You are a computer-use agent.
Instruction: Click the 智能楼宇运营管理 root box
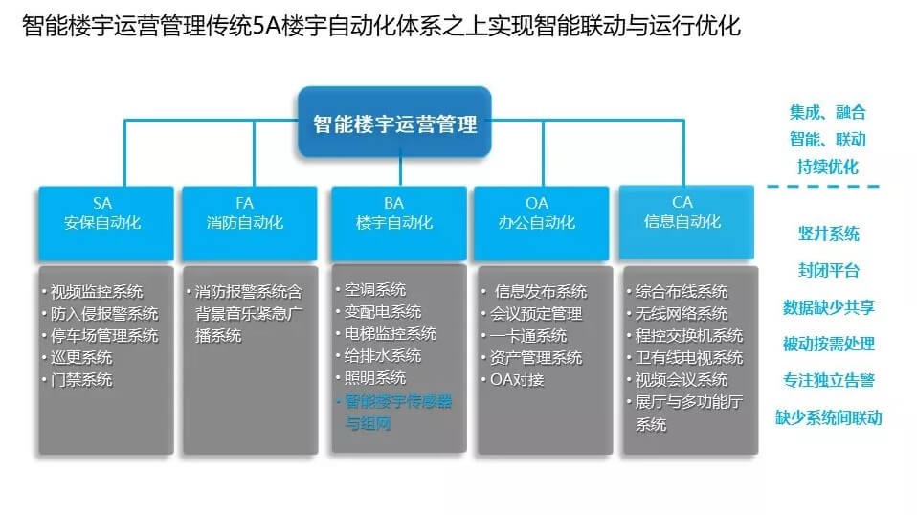[394, 123]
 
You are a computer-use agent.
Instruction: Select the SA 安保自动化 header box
[106, 223]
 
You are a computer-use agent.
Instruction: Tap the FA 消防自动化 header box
[250, 223]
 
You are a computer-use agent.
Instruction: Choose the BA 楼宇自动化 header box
[399, 223]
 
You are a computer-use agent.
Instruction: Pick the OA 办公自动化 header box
[542, 223]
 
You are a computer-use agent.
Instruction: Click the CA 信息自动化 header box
[686, 222]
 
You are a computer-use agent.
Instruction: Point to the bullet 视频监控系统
[97, 292]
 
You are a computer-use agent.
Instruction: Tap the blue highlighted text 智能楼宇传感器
[398, 402]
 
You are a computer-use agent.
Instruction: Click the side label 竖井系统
[829, 234]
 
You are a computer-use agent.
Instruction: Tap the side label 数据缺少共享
[829, 307]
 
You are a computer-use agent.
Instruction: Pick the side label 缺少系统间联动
[829, 417]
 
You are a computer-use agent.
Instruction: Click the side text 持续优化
[828, 167]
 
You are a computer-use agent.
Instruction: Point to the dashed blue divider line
[823, 187]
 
